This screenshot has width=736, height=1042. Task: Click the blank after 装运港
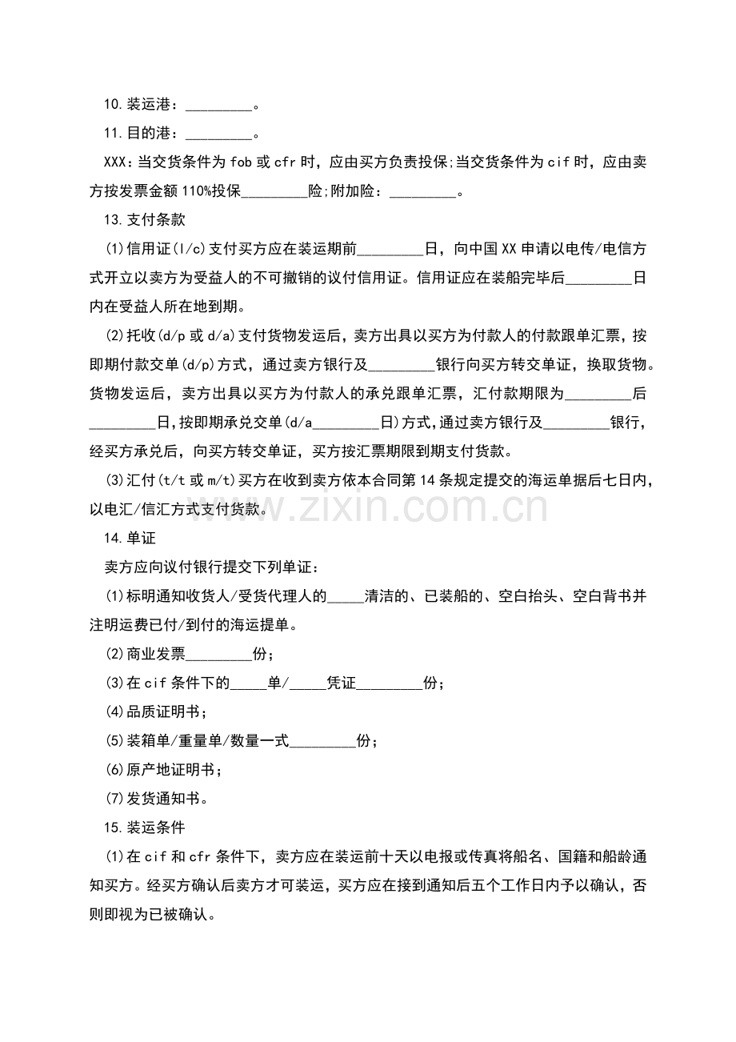point(218,104)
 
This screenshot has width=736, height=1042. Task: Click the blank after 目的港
point(218,133)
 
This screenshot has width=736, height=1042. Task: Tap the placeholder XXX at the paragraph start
point(115,162)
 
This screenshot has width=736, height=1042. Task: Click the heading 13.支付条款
point(144,220)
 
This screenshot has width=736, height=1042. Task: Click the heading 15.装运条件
point(144,828)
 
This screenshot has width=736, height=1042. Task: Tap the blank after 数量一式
point(322,741)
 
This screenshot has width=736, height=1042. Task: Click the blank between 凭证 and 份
point(390,683)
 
